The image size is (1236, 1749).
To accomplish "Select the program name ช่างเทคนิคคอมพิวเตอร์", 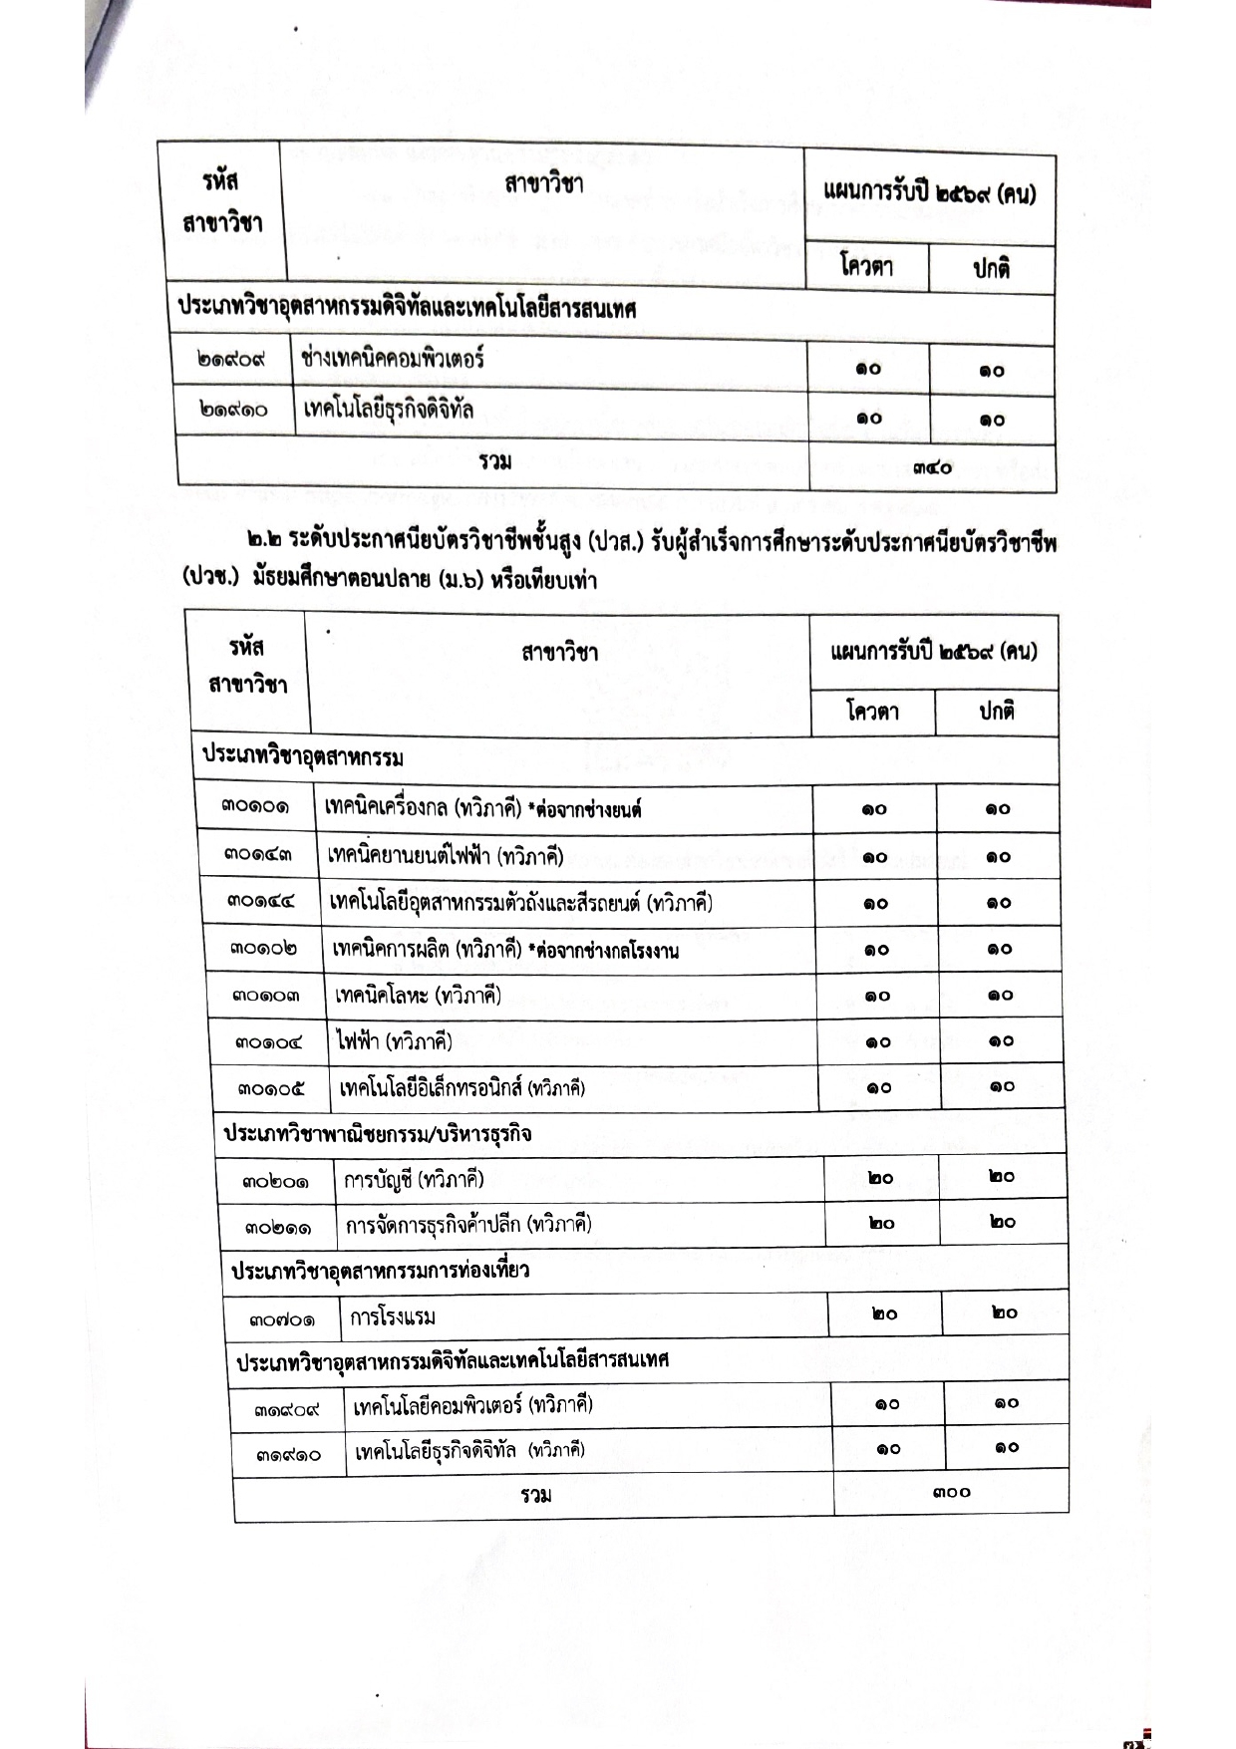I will click(x=392, y=360).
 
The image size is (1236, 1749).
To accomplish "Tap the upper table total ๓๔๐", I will click(x=931, y=466).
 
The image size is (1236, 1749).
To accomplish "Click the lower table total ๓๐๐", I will click(x=951, y=1493).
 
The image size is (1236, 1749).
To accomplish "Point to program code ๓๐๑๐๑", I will click(x=256, y=808).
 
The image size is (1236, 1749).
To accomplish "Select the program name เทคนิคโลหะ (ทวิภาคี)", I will click(x=418, y=996).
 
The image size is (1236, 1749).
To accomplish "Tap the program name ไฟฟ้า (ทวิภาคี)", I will click(x=395, y=1042).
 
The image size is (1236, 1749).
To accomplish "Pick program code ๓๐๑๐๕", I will click(x=271, y=1088).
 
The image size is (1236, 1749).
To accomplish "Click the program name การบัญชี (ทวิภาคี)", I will click(x=414, y=1181).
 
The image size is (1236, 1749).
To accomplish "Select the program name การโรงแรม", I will click(x=393, y=1317).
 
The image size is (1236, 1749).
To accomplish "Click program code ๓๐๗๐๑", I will click(x=282, y=1320).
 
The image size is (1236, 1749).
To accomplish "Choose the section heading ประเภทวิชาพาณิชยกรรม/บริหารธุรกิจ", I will click(x=377, y=1134).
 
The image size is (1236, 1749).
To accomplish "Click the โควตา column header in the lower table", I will click(x=872, y=712).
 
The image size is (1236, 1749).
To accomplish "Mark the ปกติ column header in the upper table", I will click(x=991, y=268).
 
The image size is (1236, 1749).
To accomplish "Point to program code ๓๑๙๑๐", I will click(x=289, y=1454).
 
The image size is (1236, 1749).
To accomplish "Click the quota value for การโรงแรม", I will click(x=883, y=1314).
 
